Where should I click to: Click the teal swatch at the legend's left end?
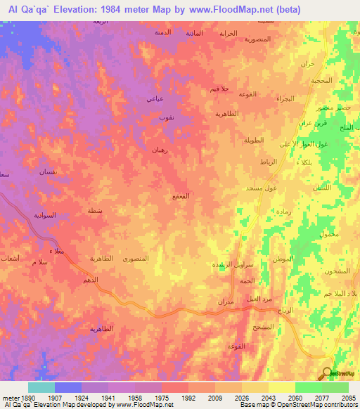[41, 387]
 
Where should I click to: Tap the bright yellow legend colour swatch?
[282, 387]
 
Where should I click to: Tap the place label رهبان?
[159, 150]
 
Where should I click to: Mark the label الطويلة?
[252, 140]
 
